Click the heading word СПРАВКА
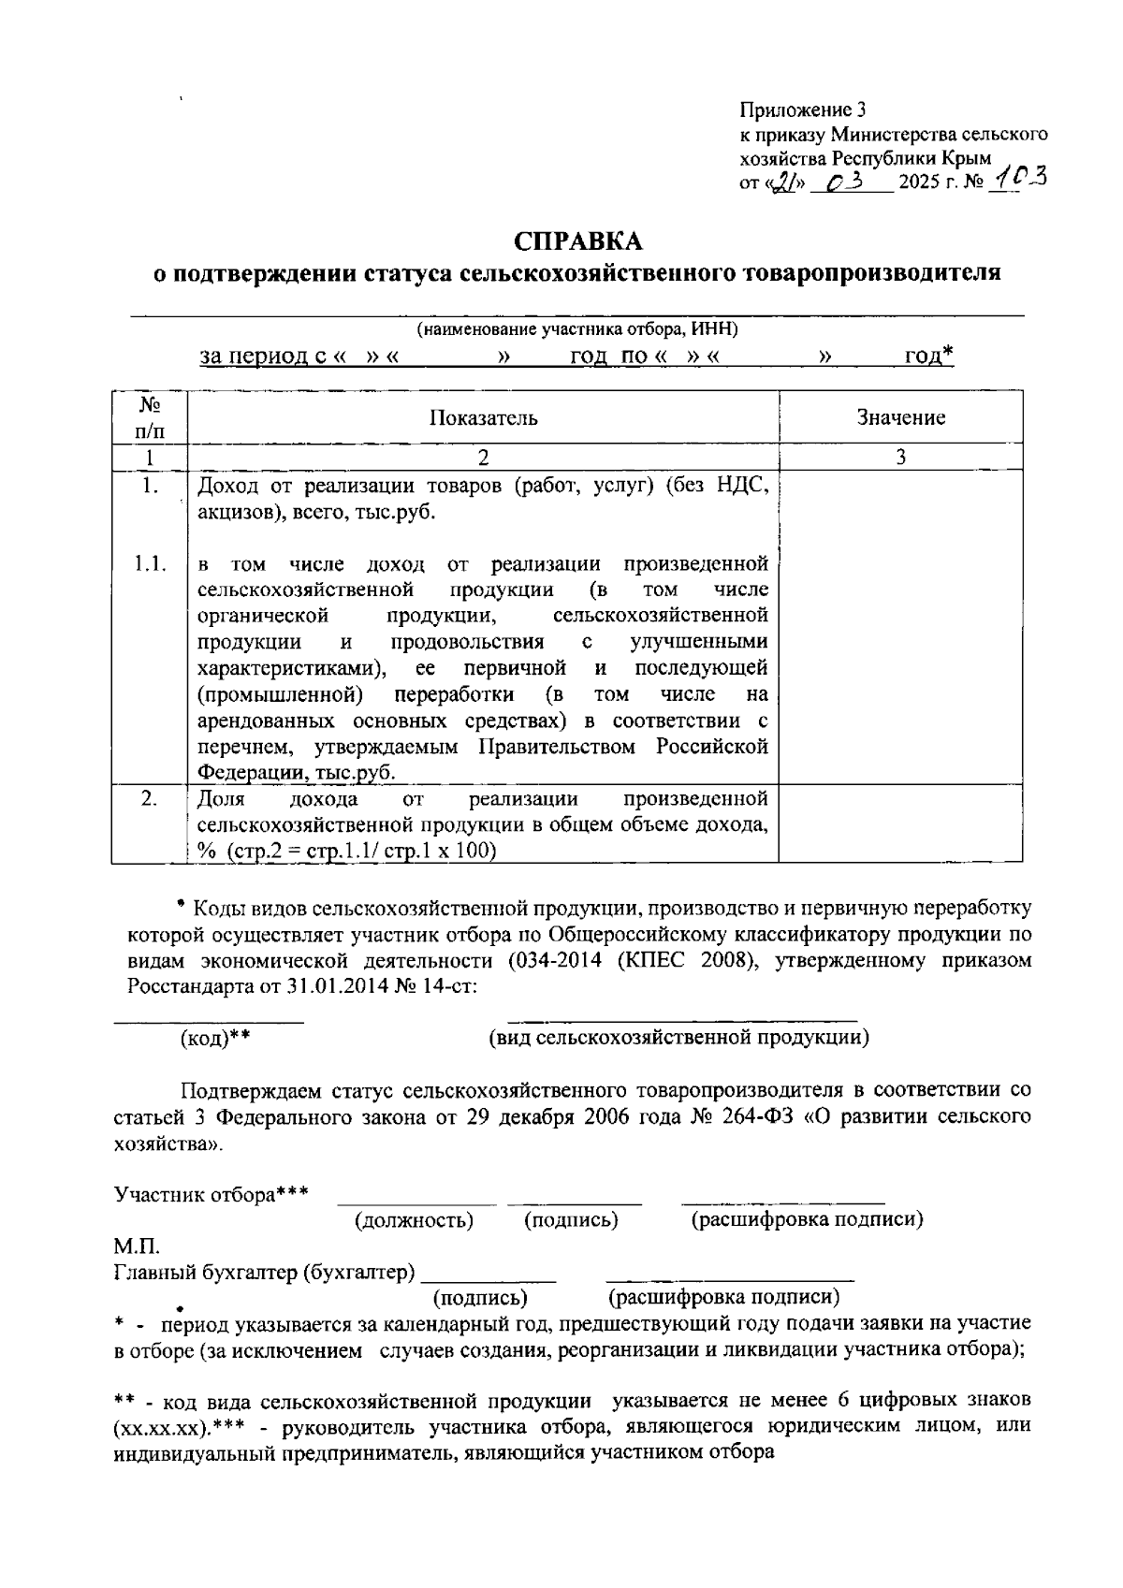(x=578, y=241)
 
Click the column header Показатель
(x=483, y=417)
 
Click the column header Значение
(x=900, y=417)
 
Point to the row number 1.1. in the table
(x=149, y=563)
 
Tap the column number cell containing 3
(x=900, y=457)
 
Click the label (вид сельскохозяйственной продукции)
(x=679, y=1037)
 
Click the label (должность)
(x=414, y=1220)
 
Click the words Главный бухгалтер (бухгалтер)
(x=265, y=1273)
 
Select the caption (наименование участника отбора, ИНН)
(x=577, y=329)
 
